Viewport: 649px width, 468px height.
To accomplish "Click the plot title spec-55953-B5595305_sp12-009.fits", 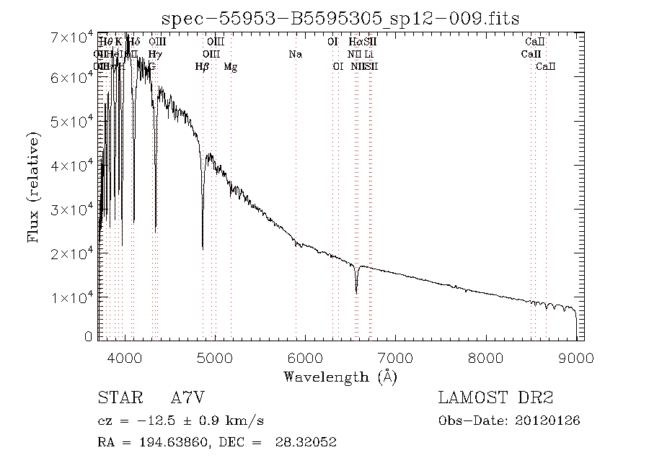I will [x=341, y=18].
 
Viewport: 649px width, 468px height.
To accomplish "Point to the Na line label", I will [x=295, y=54].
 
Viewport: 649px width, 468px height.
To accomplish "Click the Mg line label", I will [x=230, y=67].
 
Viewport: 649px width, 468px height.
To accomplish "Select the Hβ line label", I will [x=202, y=67].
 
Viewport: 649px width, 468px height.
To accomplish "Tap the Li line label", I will [x=368, y=54].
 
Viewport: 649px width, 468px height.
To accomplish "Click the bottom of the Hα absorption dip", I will [x=356, y=292].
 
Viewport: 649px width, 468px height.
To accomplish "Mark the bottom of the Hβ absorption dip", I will [x=203, y=248].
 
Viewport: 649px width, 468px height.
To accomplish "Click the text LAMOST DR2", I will [x=495, y=397].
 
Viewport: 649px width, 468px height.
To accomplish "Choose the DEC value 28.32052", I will [x=306, y=442].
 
